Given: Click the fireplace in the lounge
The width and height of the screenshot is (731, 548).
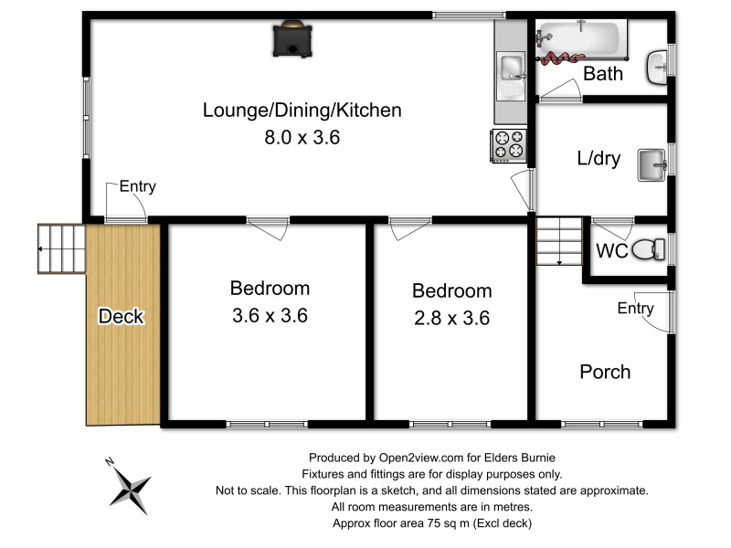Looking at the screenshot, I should point(291,39).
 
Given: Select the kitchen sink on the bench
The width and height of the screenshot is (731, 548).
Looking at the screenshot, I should point(510,68).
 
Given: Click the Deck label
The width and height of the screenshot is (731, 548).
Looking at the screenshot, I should point(122,317).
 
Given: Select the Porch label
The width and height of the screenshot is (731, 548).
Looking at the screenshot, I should point(605,372).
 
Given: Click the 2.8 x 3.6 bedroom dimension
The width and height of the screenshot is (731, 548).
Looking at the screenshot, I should point(451,318).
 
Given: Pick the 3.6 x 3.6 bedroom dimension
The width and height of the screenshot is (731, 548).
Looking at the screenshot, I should point(269,316).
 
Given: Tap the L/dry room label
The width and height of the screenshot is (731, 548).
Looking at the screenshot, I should point(599,159).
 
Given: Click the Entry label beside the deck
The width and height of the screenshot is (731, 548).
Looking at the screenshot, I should point(137,187).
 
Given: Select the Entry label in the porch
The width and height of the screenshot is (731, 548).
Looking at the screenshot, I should point(636,309).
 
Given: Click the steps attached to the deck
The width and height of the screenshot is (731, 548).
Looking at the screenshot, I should point(61,248).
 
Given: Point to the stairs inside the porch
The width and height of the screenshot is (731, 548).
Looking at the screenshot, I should point(558,242).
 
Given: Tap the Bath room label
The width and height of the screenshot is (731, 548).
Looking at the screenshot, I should point(602,74).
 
